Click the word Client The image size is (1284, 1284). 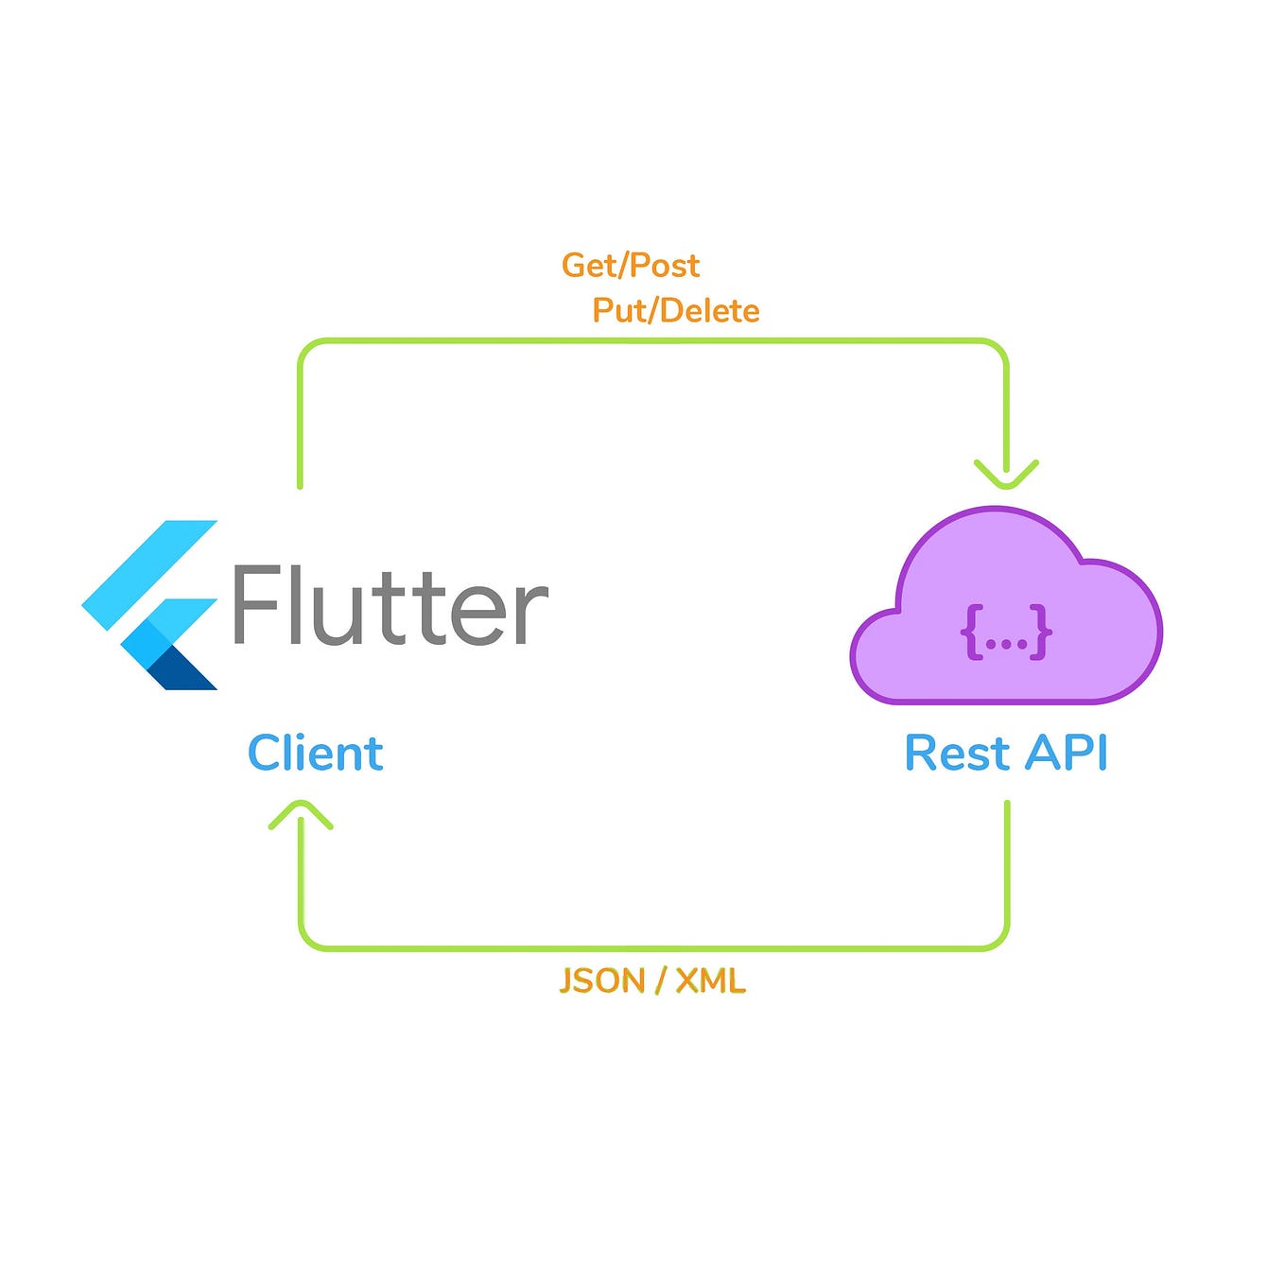(x=315, y=754)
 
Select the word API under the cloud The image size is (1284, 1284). (x=1066, y=754)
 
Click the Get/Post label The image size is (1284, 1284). (x=631, y=266)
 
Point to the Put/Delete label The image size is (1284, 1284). (x=676, y=311)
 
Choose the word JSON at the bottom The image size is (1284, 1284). (x=600, y=981)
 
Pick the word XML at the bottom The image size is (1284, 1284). (x=711, y=981)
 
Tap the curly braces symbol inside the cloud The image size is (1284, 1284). (x=1006, y=632)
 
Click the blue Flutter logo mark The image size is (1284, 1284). (x=151, y=605)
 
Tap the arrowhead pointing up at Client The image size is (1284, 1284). (x=301, y=814)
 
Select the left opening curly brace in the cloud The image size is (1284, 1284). (x=971, y=632)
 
